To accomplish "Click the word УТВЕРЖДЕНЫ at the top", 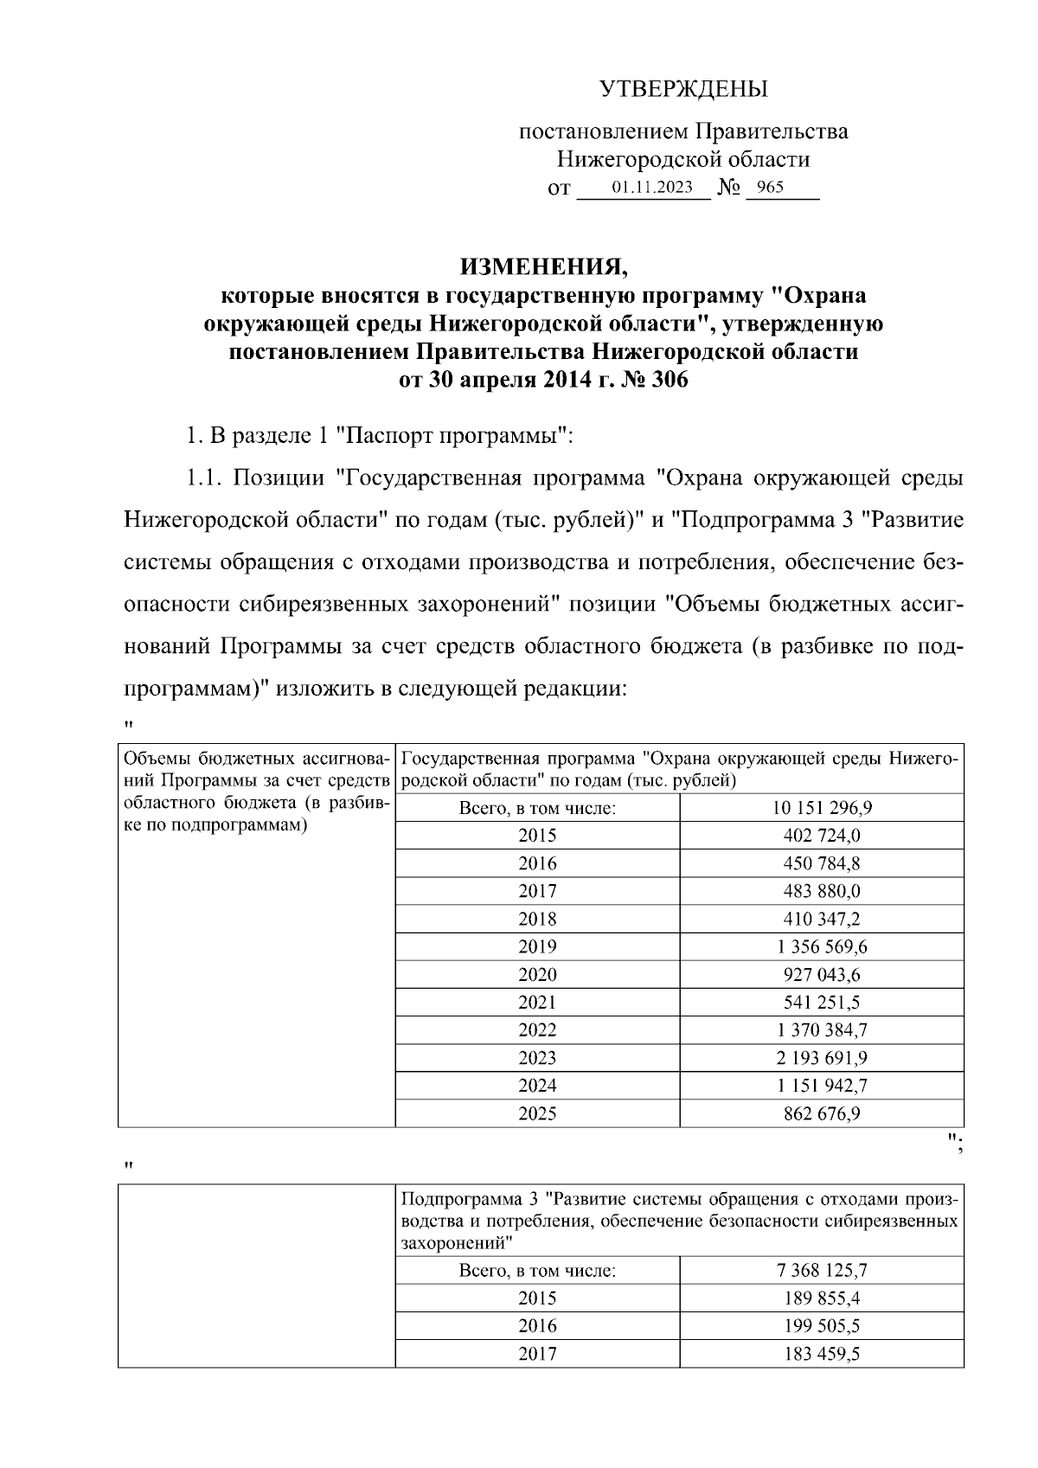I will click(683, 89).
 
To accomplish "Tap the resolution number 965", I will click(770, 187).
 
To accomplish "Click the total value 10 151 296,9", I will click(822, 808).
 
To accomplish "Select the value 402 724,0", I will click(822, 836).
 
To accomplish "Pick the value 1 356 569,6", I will click(822, 946).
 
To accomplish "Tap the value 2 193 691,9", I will click(822, 1057).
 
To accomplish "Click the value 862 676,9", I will click(822, 1113).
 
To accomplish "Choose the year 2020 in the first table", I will click(537, 974).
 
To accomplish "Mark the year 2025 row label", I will click(537, 1113).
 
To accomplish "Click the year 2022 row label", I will click(537, 1029).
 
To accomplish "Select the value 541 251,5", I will click(822, 1002).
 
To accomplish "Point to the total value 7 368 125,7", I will click(822, 1270).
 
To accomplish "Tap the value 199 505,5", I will click(822, 1325).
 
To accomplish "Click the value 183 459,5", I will click(822, 1353).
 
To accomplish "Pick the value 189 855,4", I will click(822, 1298).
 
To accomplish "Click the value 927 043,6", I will click(822, 974).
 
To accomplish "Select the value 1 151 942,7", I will click(822, 1085).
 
